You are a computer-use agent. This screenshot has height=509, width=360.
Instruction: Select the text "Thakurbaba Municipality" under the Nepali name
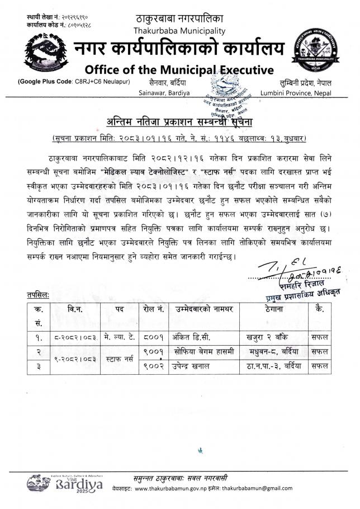point(179,30)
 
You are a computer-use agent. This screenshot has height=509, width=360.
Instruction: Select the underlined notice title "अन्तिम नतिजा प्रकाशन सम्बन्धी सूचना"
point(179,121)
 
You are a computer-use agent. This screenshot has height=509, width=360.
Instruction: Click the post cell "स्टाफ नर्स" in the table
point(117,359)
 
